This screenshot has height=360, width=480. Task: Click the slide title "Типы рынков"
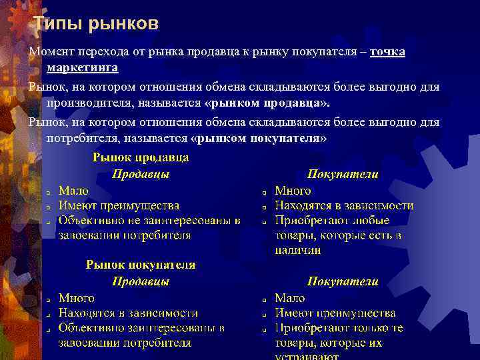coord(96,25)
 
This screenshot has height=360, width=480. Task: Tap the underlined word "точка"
coord(387,52)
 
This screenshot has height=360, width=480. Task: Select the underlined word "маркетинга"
coord(83,67)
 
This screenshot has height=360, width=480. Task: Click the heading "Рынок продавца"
coord(141,157)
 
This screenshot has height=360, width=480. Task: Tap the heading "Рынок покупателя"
coord(141,265)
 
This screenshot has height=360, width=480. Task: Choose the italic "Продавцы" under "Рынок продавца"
coord(140,174)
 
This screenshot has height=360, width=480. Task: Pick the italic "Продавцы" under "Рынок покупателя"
coord(140,281)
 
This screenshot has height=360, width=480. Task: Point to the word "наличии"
coord(297,251)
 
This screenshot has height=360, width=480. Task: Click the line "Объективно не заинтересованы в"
coord(149,220)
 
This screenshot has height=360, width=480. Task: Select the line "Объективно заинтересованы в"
coord(141,328)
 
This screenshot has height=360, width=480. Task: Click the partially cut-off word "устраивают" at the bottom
coord(307,356)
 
